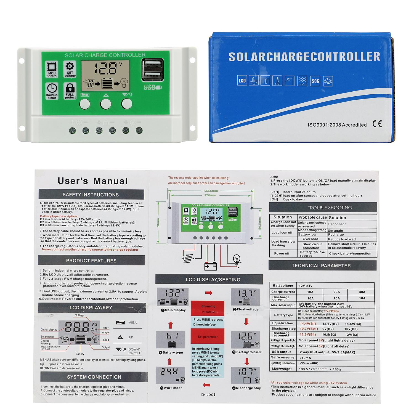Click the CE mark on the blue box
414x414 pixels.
click(377, 124)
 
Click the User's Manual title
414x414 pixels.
click(92, 181)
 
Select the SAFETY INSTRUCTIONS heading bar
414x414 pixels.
click(91, 195)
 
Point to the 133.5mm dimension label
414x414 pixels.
click(211, 190)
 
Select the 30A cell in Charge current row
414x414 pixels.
click(362, 292)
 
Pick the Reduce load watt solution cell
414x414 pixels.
click(342, 239)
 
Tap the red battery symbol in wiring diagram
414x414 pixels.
click(211, 266)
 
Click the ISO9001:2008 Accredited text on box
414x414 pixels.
click(337, 125)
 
